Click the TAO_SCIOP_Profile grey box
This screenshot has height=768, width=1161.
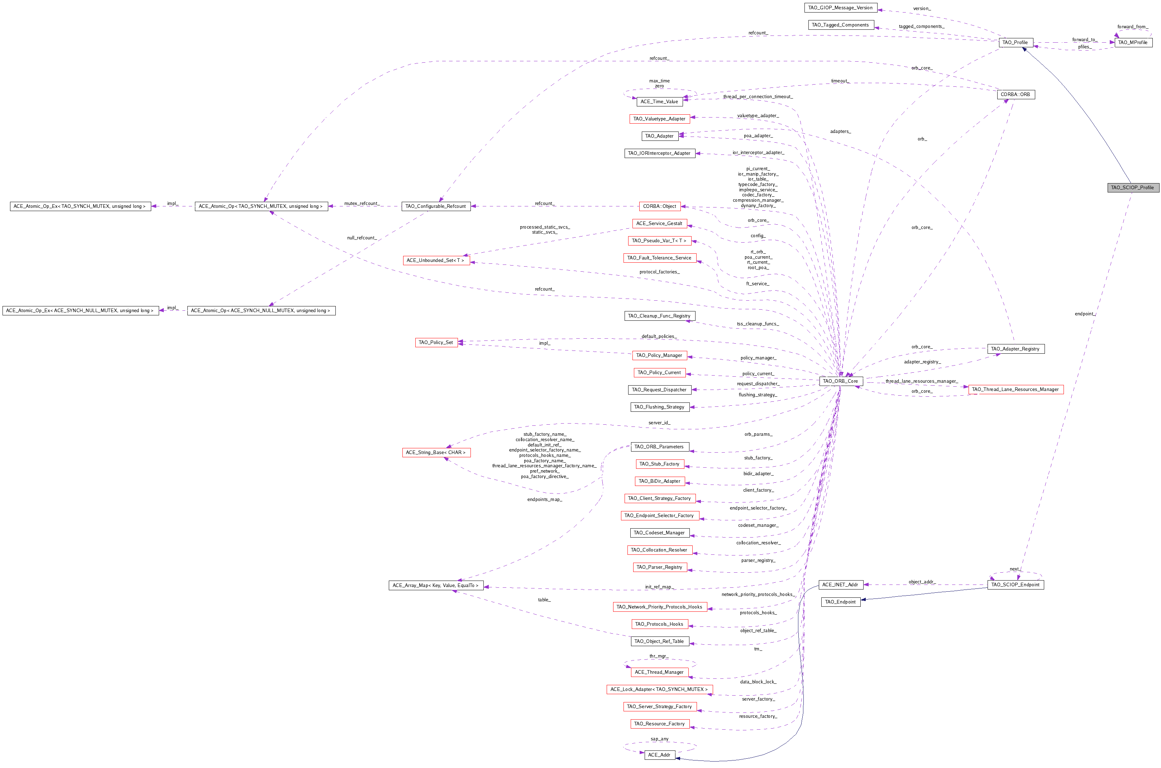pyautogui.click(x=1133, y=187)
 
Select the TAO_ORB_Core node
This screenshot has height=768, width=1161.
pyautogui.click(x=840, y=381)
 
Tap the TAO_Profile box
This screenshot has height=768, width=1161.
pyautogui.click(x=1015, y=43)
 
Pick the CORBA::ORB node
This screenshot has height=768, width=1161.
pyautogui.click(x=1016, y=95)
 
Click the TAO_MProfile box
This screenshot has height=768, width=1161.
pyautogui.click(x=1133, y=43)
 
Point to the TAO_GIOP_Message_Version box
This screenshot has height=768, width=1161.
pyautogui.click(x=840, y=8)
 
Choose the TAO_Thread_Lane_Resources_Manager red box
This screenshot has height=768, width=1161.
pyautogui.click(x=1016, y=390)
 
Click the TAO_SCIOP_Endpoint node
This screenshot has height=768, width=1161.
pyautogui.click(x=1016, y=585)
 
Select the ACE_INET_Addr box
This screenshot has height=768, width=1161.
pyautogui.click(x=840, y=585)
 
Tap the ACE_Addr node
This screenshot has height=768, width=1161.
pyautogui.click(x=660, y=755)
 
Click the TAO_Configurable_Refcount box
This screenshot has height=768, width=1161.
pyautogui.click(x=436, y=206)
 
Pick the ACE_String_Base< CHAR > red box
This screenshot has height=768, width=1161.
pyautogui.click(x=436, y=453)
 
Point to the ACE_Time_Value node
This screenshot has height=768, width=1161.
pyautogui.click(x=660, y=102)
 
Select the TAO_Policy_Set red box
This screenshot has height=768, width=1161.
pyautogui.click(x=436, y=342)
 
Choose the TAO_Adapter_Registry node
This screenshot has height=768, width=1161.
pyautogui.click(x=1016, y=349)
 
